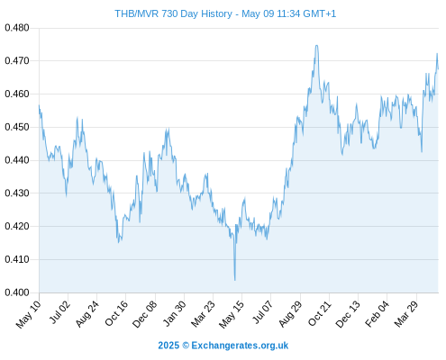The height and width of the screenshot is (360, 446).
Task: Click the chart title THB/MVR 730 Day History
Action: (173, 13)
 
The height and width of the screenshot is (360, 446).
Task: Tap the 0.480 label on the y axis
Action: (17, 28)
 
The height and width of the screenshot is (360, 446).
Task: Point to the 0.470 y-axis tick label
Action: (17, 61)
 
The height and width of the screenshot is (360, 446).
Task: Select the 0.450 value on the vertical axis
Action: (17, 127)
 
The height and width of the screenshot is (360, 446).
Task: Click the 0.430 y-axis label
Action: (17, 193)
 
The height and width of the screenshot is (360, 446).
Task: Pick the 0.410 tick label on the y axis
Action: (17, 259)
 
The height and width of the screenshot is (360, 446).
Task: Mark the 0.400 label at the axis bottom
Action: (17, 292)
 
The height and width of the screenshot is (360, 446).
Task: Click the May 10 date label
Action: (28, 314)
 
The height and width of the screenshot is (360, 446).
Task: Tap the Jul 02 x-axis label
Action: (59, 312)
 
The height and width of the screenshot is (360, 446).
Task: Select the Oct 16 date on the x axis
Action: (116, 313)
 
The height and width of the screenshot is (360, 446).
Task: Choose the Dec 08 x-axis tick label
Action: (144, 314)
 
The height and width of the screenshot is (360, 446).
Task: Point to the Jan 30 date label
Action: (174, 313)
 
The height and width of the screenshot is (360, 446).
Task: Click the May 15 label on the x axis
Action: (231, 314)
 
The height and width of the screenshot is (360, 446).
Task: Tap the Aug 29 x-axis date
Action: (290, 313)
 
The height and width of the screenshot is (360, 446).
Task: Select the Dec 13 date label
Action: (348, 314)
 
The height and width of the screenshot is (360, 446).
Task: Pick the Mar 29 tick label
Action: (405, 313)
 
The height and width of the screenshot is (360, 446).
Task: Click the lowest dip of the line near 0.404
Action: (235, 280)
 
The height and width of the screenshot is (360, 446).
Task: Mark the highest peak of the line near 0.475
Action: (316, 46)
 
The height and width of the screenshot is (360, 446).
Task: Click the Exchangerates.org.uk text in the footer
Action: (240, 346)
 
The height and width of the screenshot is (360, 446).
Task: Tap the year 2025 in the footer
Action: (168, 346)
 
